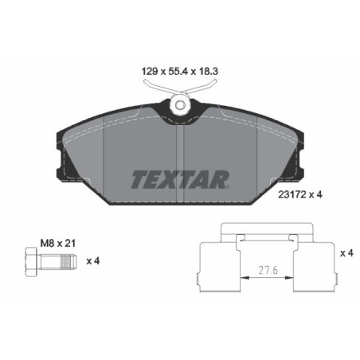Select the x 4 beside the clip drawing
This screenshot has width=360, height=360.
click(x=344, y=254)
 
